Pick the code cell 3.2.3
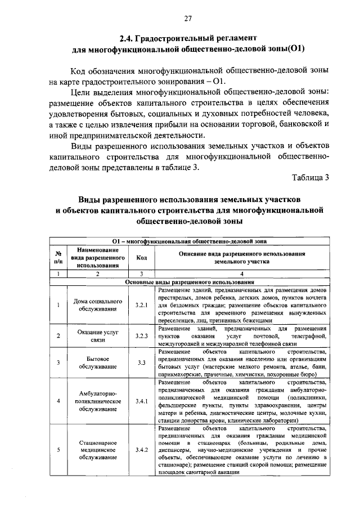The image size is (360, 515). [x=141, y=336]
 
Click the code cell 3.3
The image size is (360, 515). [x=141, y=363]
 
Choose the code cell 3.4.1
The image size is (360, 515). [x=141, y=401]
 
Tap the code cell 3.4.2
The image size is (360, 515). [x=141, y=450]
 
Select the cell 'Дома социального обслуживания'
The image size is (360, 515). [x=97, y=304]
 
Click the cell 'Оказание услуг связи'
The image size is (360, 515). [x=97, y=336]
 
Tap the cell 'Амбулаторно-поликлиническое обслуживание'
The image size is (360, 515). [x=97, y=401]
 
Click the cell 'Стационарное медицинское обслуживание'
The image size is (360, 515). [x=97, y=450]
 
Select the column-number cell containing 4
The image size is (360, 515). [x=242, y=274]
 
